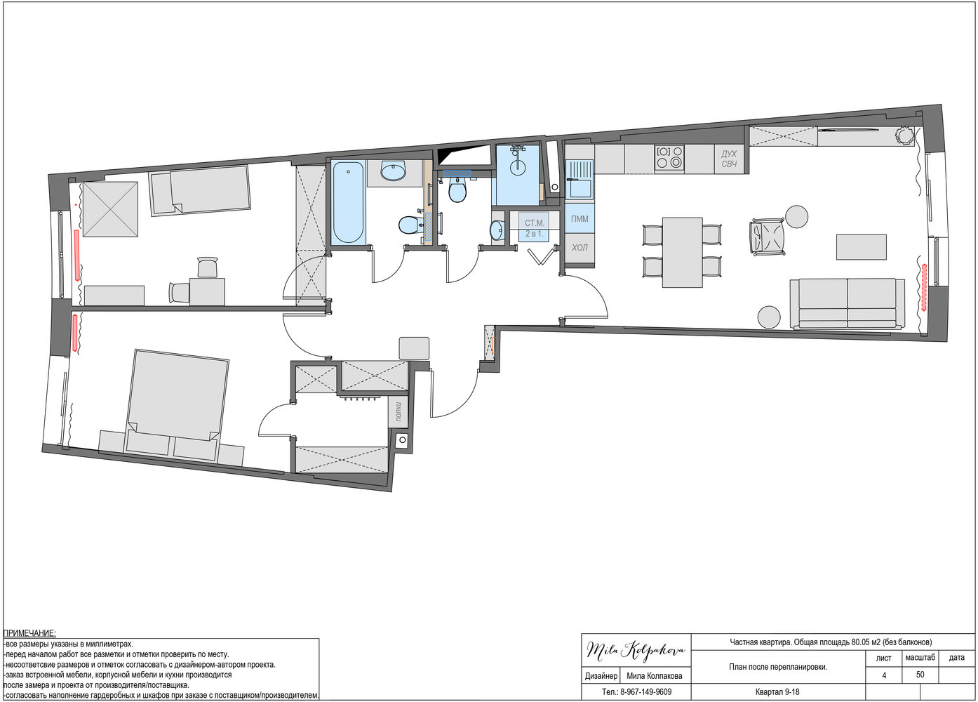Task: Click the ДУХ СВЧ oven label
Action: click(x=729, y=159)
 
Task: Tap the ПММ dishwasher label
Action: click(x=580, y=219)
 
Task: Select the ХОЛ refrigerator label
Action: click(x=580, y=248)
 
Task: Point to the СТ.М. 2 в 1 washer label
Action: click(x=535, y=228)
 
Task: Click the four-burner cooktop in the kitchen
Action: click(x=669, y=157)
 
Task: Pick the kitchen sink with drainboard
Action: click(x=580, y=179)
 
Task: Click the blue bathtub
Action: click(x=348, y=202)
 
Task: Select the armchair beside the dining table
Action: click(x=767, y=236)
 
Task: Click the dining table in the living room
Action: click(x=683, y=253)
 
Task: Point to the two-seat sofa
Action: click(x=848, y=303)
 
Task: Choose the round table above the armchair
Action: click(x=797, y=217)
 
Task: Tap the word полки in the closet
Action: click(x=398, y=411)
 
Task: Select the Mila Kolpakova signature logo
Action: click(x=636, y=649)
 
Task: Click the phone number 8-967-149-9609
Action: click(x=645, y=692)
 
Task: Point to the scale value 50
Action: click(x=920, y=675)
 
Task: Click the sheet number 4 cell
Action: click(x=884, y=675)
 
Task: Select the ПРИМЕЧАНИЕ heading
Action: click(x=29, y=633)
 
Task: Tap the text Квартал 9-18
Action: click(x=777, y=692)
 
